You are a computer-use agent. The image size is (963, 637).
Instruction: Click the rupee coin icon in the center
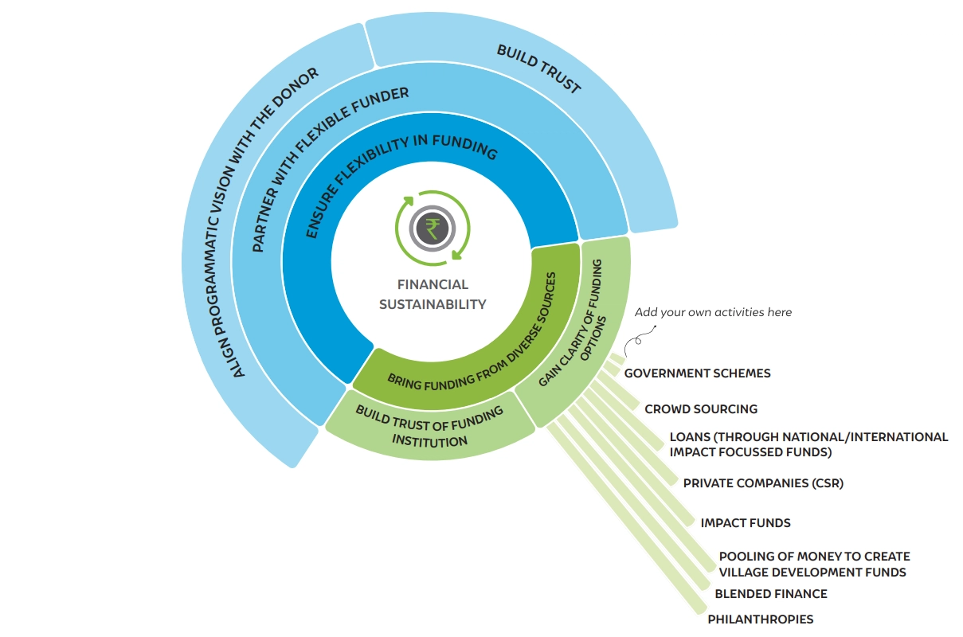point(433,229)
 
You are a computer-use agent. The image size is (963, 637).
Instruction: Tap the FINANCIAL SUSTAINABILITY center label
point(433,294)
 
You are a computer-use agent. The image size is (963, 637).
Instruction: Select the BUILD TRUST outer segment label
point(538,69)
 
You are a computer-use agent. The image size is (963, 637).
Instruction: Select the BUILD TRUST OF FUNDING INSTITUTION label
point(430,426)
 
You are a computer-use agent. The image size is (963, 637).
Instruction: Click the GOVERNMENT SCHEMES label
point(697,373)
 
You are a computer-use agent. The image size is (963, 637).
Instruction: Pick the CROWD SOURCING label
point(701,409)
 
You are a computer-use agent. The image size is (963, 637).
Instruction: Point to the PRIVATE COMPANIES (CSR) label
point(763,483)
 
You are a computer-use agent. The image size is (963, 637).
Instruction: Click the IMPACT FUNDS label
point(746,523)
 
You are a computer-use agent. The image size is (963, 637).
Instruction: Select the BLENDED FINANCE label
point(770,594)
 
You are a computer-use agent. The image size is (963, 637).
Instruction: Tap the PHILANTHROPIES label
point(761,619)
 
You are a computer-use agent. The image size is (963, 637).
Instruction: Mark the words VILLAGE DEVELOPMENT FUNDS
point(812,573)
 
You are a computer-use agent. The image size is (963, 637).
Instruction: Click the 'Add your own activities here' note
point(713,312)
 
